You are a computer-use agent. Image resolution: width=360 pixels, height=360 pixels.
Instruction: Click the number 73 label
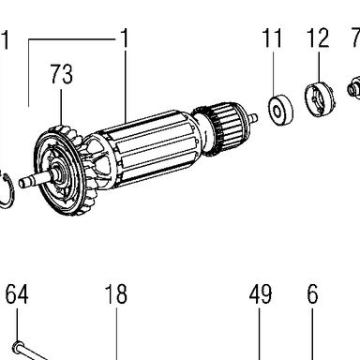(62, 74)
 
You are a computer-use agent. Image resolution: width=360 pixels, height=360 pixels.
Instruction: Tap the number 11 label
(272, 37)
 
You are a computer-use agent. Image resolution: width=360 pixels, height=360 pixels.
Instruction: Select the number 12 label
(318, 37)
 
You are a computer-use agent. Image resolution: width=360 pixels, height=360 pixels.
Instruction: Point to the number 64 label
(17, 294)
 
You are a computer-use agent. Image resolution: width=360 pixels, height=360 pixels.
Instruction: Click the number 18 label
(116, 294)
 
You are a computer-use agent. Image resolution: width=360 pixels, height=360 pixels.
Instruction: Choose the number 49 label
(261, 294)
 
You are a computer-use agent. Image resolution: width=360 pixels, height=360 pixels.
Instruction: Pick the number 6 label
(312, 294)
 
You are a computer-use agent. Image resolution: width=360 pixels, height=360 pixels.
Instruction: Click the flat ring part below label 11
(281, 112)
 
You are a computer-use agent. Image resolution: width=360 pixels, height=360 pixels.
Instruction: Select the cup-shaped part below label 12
(319, 98)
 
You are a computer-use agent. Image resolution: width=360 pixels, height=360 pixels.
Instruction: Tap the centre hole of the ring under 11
(277, 112)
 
